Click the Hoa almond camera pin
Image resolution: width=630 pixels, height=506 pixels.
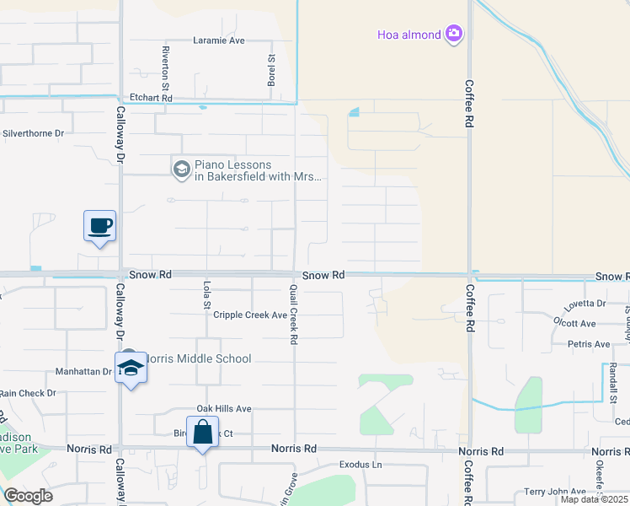click(x=454, y=34)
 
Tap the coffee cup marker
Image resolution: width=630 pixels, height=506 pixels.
click(x=99, y=226)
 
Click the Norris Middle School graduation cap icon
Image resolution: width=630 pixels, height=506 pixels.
click(x=131, y=368)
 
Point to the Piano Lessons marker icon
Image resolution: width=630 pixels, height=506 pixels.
click(x=181, y=170)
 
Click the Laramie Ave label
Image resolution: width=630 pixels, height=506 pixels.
click(x=218, y=40)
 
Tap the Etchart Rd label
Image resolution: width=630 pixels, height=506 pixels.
click(x=150, y=98)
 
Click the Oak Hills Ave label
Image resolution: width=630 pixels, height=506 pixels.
click(x=224, y=408)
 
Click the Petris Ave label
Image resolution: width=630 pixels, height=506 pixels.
click(x=589, y=344)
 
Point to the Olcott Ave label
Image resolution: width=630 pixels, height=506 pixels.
click(x=576, y=323)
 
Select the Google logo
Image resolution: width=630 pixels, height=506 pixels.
click(x=28, y=495)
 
